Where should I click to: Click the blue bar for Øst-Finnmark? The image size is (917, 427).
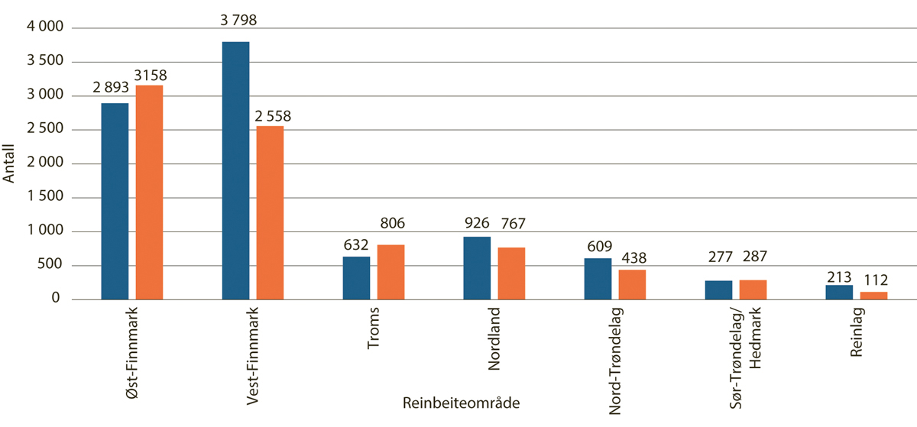[115, 201]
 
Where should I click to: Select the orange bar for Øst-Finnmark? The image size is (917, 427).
[149, 192]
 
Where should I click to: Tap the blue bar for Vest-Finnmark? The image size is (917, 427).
[235, 170]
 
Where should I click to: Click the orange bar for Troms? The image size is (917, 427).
[390, 272]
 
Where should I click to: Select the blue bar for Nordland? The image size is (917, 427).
[477, 268]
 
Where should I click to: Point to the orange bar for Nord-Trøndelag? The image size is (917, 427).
[632, 284]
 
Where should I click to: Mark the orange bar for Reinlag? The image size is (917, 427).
[873, 296]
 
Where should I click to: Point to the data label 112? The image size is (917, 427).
[875, 280]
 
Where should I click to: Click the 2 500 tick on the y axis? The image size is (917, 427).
[47, 130]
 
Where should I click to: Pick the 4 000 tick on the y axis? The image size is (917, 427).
[47, 28]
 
